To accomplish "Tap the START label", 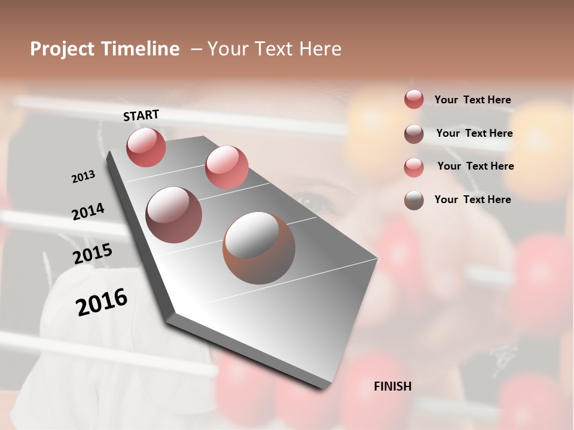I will tap(141, 115).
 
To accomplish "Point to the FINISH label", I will tap(392, 386).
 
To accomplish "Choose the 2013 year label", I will tap(83, 177).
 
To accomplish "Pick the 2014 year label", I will tap(88, 211).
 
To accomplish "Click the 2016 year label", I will tap(102, 302).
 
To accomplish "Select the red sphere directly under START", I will tap(146, 148).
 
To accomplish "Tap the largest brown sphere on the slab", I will tap(259, 247).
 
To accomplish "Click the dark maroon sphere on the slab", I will tap(173, 214).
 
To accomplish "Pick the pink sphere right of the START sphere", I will tap(227, 167).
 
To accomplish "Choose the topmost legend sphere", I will tap(414, 99).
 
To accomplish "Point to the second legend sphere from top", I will tap(414, 134).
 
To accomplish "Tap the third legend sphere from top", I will tap(414, 167).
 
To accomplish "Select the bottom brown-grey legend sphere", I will tap(414, 200).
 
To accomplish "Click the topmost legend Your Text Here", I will tap(472, 100).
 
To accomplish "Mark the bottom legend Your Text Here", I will tap(472, 199).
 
